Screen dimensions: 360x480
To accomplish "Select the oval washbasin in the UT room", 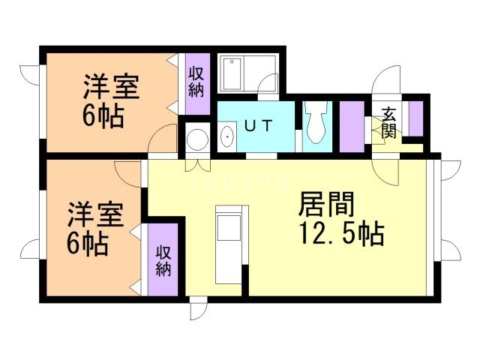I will [228, 137].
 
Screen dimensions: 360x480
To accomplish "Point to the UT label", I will [256, 126].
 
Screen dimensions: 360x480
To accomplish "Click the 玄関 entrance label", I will [388, 121].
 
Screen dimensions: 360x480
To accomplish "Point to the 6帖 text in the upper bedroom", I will [103, 117].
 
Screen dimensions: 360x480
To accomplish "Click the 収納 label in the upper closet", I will [197, 82].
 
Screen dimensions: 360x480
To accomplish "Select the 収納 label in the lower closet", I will [164, 259].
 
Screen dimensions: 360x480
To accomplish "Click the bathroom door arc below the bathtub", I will [268, 88].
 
